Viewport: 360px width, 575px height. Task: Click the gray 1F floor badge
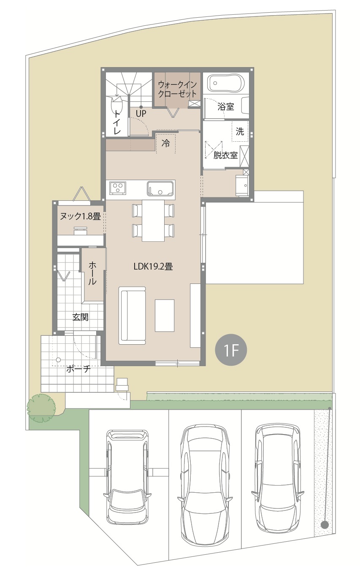[x=231, y=350]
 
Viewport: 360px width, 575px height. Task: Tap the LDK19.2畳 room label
[x=153, y=267]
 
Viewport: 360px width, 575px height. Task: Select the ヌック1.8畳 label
[x=80, y=216]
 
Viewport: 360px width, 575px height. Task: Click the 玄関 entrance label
[x=80, y=317]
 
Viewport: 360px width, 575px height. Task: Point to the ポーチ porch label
[x=78, y=369]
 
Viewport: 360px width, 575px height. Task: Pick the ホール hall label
[x=92, y=273]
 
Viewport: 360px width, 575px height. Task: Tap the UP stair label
[x=141, y=113]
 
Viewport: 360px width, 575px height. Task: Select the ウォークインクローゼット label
[x=177, y=89]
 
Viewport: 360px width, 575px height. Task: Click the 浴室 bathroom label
[x=226, y=106]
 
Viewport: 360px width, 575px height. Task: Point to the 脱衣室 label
[x=225, y=155]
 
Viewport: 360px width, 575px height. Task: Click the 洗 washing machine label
[x=240, y=132]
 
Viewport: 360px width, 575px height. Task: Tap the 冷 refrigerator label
[x=165, y=143]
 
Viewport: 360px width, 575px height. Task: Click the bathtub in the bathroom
[x=226, y=83]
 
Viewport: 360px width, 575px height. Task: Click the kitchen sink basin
[x=160, y=189]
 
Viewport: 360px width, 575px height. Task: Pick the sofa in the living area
[x=132, y=316]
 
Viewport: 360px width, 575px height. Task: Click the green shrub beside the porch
[x=41, y=408]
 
